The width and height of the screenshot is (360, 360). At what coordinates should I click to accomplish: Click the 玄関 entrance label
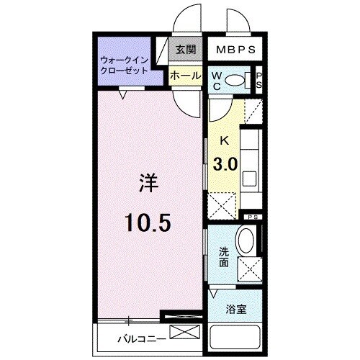[185, 50]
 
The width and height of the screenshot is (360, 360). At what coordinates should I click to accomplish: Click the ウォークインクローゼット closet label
[124, 66]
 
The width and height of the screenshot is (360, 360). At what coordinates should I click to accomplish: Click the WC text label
[217, 81]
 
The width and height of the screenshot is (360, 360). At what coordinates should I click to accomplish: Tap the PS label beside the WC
[259, 81]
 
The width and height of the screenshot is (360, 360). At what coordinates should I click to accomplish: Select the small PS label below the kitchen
[253, 217]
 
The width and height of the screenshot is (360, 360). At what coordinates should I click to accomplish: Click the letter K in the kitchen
[225, 141]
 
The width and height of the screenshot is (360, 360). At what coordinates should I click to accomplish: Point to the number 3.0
[225, 163]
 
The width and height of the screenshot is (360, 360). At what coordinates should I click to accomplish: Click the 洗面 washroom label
[225, 256]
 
